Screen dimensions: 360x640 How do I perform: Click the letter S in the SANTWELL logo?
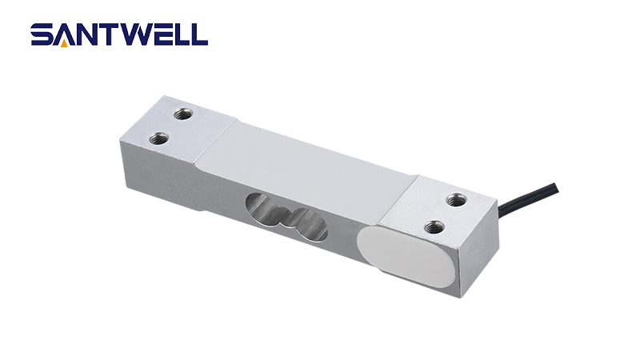tap(42, 34)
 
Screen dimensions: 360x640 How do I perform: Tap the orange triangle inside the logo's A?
tap(65, 39)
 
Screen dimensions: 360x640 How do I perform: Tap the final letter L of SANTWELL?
tap(201, 34)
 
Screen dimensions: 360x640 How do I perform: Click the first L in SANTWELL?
tap(184, 34)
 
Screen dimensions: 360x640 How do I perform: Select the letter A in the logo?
tap(65, 34)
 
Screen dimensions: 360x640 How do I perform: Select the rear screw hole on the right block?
tap(456, 201)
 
